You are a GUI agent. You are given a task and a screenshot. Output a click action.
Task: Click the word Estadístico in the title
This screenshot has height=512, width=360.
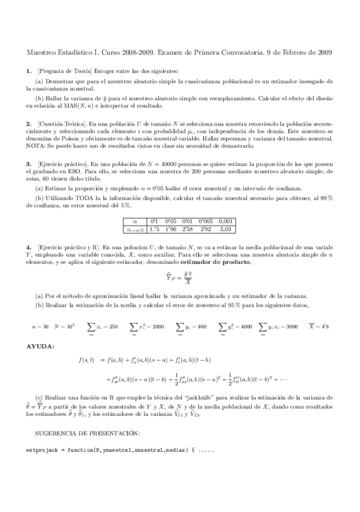[76, 53]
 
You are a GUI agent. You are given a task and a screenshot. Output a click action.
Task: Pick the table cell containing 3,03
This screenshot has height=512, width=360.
[226, 229]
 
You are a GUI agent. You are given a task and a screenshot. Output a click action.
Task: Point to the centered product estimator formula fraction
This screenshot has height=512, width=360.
[180, 280]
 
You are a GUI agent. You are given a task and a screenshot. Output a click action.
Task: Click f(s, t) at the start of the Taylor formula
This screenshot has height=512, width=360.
[86, 360]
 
